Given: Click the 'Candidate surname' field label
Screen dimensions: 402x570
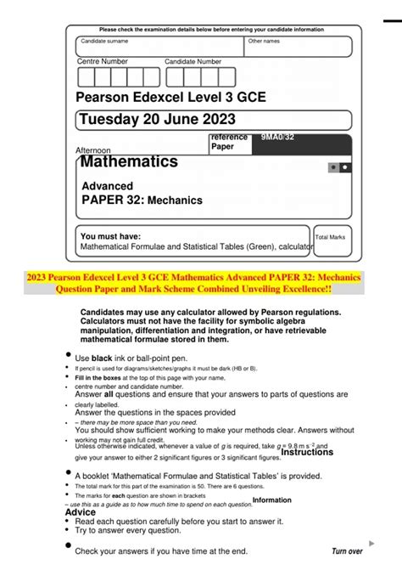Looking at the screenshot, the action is click(x=104, y=41).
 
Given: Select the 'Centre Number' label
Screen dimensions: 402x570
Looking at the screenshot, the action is click(x=103, y=62).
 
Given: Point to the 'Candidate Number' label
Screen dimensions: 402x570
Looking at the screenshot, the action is click(x=193, y=62).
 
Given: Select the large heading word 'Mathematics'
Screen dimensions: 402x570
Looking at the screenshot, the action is click(x=129, y=161).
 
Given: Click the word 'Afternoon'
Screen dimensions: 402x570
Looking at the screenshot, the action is click(x=93, y=150).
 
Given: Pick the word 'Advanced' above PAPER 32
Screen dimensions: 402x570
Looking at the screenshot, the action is click(x=107, y=186).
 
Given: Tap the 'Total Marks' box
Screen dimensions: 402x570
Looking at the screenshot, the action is click(x=332, y=238).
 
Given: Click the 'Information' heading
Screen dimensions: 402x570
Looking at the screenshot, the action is click(x=271, y=500).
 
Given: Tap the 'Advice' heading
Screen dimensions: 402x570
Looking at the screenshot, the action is click(x=81, y=512).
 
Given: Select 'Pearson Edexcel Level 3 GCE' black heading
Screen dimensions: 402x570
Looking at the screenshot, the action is click(x=170, y=97).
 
